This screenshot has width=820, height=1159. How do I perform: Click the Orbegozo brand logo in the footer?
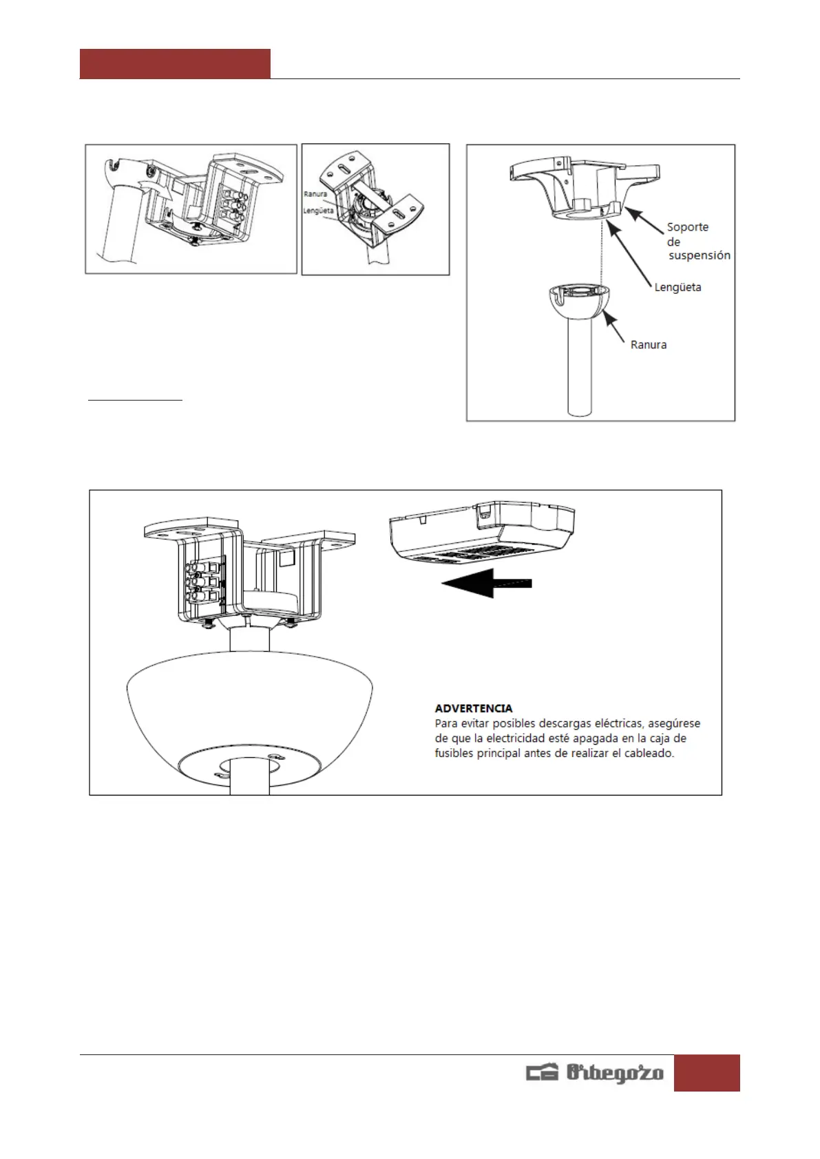tap(595, 1072)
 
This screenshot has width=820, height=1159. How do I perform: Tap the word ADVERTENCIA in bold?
tap(474, 708)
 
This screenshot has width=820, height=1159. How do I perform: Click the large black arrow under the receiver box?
tap(487, 583)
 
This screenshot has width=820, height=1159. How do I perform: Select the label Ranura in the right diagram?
tap(649, 345)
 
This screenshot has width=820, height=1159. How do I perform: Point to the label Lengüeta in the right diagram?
tap(677, 288)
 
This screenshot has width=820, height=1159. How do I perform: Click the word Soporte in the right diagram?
tap(687, 227)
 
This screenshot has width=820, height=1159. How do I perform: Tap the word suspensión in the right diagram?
tap(699, 255)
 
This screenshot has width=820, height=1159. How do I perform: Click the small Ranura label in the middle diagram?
tap(315, 194)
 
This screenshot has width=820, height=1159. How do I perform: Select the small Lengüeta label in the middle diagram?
tap(318, 211)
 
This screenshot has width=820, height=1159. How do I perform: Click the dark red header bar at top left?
tap(175, 64)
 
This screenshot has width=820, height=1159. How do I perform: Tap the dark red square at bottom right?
tap(706, 1072)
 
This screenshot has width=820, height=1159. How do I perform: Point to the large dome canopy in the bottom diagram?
tap(249, 709)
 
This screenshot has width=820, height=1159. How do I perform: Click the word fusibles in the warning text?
tap(454, 753)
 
